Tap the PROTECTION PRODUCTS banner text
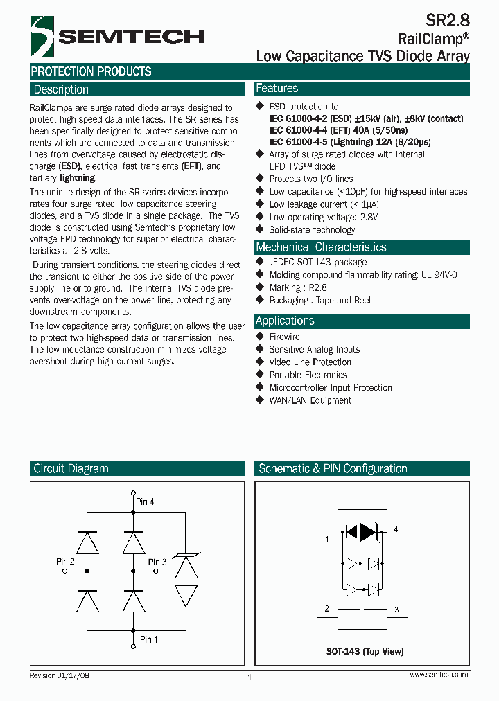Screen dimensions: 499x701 91,71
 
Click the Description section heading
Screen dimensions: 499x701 61,89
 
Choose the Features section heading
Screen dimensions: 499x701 277,89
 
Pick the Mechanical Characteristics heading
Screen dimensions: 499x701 321,247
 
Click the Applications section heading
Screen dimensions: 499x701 285,321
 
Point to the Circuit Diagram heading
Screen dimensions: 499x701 71,468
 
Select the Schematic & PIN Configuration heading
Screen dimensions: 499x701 333,468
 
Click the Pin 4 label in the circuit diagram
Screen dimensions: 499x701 146,502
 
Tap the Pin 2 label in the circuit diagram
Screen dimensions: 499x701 65,561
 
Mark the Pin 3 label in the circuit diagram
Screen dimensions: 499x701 157,562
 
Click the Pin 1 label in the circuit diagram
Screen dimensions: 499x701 148,639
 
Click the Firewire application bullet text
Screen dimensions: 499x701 285,337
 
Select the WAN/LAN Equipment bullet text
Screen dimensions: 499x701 310,400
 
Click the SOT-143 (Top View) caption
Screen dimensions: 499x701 365,651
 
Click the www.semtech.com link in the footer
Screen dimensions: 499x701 439,675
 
